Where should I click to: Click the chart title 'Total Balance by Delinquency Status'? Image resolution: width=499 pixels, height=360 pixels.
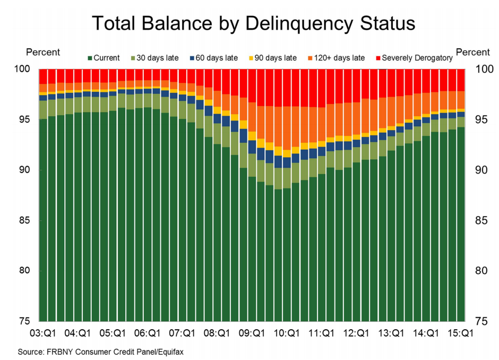[x=253, y=23]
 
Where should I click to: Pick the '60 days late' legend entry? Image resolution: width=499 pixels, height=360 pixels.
[x=217, y=58]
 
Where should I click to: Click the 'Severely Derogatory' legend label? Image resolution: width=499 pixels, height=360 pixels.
[x=417, y=58]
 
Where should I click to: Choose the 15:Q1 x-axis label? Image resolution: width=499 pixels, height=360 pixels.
[x=460, y=333]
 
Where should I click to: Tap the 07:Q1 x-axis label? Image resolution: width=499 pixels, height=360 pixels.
[x=182, y=333]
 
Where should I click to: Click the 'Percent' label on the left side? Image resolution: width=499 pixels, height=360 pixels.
[x=43, y=53]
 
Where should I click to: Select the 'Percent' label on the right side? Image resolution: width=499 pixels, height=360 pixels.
[x=473, y=53]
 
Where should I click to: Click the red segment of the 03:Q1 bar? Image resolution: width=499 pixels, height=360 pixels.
[x=44, y=76]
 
